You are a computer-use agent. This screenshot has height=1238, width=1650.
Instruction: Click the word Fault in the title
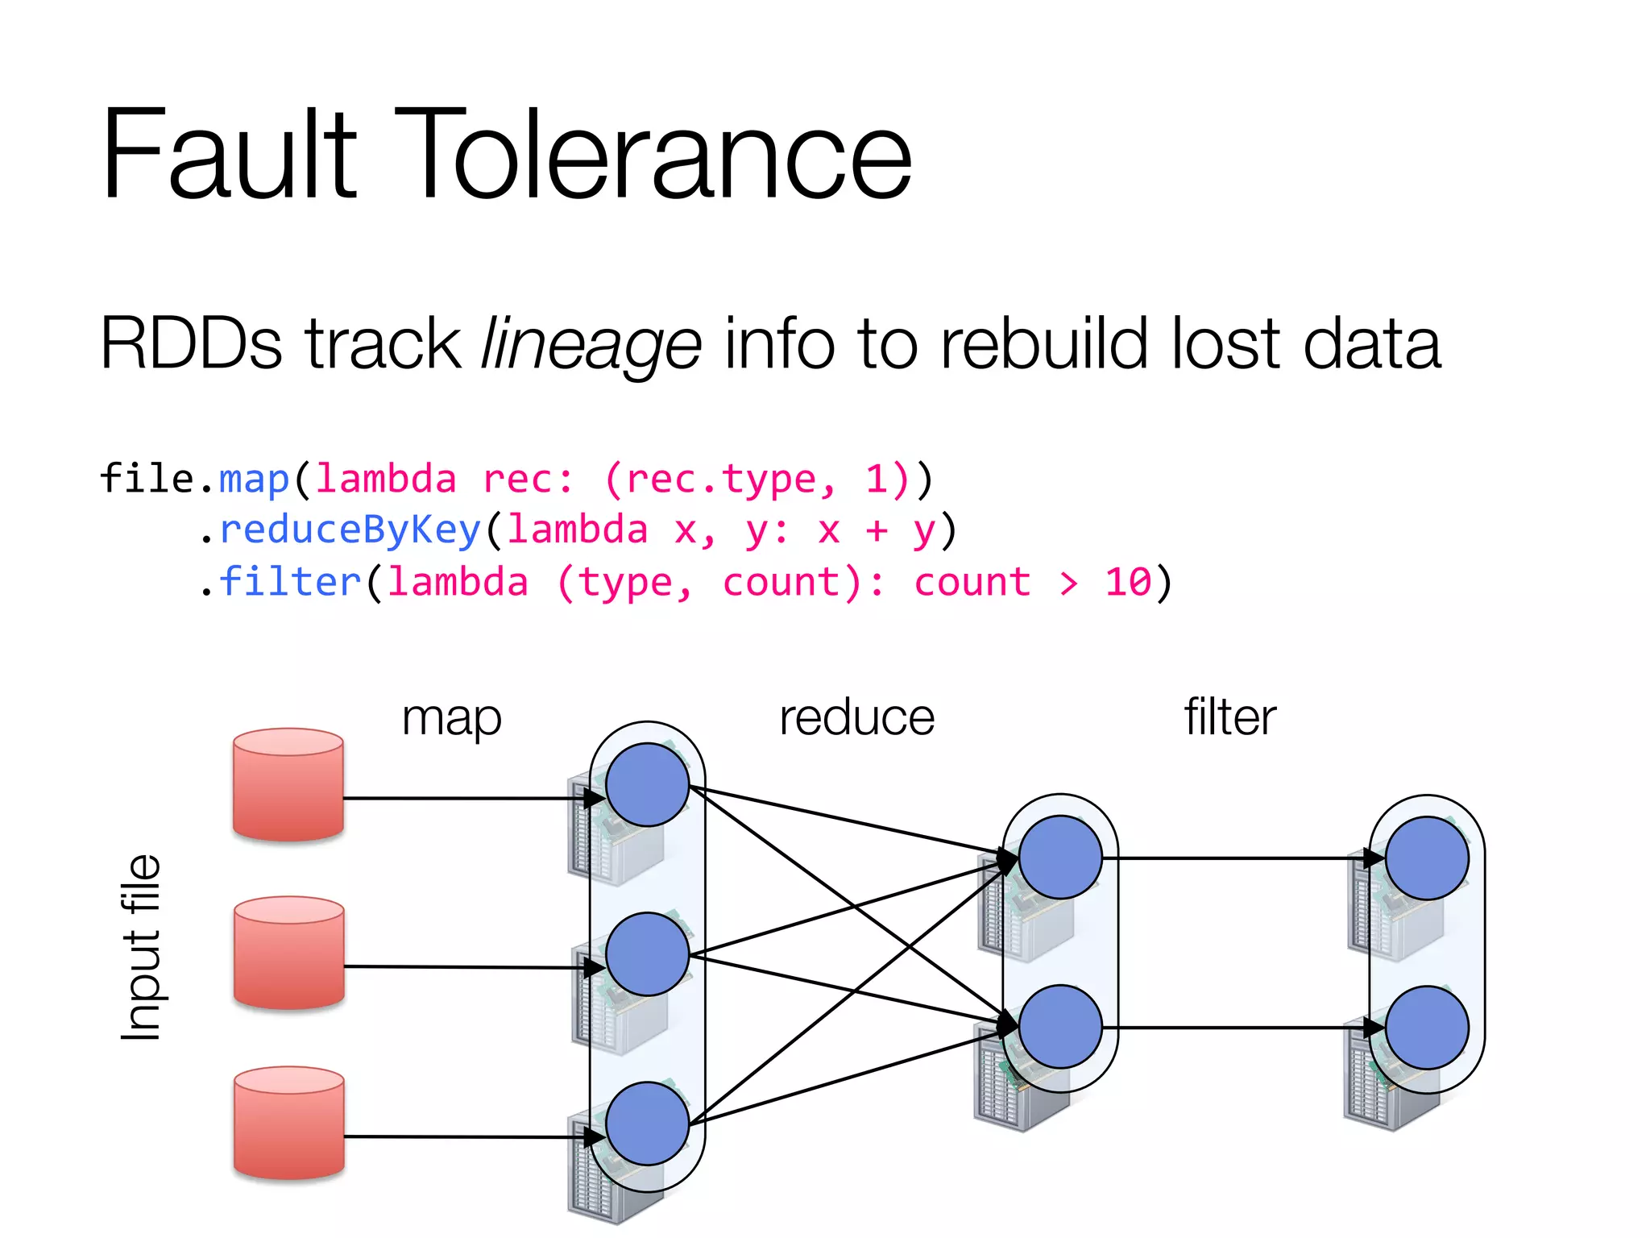click(x=229, y=155)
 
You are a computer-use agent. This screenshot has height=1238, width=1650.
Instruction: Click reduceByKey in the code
click(x=350, y=530)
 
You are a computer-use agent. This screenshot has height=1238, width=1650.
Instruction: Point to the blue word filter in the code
click(x=290, y=582)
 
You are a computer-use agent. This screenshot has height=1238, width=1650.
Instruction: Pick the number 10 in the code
click(x=1128, y=582)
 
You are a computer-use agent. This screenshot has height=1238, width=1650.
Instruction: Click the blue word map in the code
click(x=254, y=479)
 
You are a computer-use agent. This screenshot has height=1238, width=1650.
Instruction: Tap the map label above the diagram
click(x=451, y=717)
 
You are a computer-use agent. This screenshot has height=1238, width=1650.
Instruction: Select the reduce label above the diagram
click(x=856, y=717)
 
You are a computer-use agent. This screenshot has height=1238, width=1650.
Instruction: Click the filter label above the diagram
click(x=1229, y=717)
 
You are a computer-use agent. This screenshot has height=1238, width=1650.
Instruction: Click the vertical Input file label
click(x=141, y=948)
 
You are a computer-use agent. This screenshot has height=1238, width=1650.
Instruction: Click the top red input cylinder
click(x=288, y=784)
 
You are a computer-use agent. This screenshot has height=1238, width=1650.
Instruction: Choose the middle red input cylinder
click(x=289, y=953)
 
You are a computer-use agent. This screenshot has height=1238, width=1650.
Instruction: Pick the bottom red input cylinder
click(x=289, y=1123)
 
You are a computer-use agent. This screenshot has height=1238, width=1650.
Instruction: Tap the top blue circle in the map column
click(x=647, y=785)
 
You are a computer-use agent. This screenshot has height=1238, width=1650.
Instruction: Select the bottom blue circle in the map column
click(x=647, y=1124)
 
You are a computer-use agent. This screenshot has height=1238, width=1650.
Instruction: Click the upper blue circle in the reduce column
click(x=1060, y=858)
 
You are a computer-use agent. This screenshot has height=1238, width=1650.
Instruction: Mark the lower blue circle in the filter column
click(x=1427, y=1028)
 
